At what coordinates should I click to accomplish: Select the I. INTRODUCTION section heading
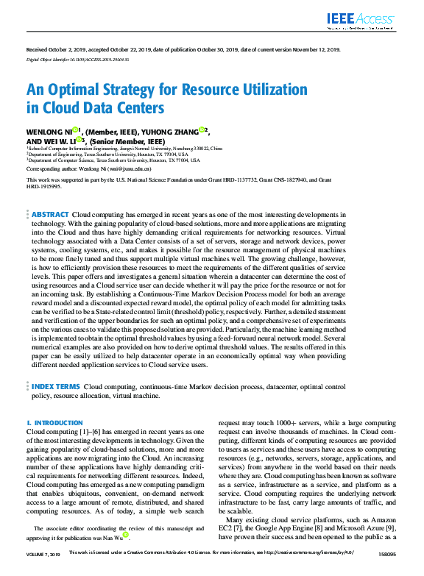(54, 423)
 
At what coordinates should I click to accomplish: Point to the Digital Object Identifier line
(78, 58)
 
